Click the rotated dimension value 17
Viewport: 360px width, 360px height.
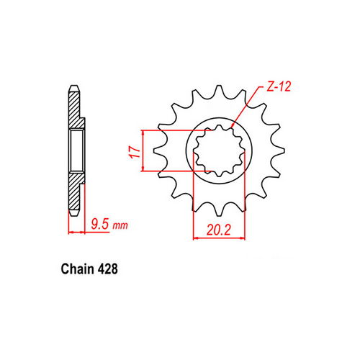pos(131,151)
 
